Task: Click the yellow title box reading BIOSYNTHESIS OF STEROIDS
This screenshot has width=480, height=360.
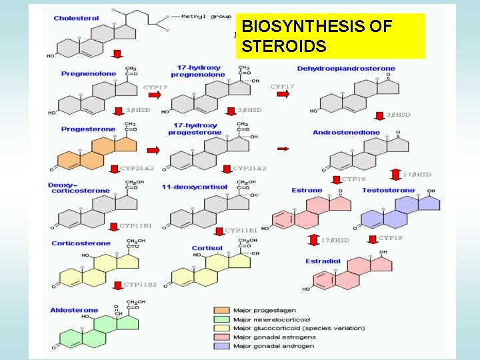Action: point(330,37)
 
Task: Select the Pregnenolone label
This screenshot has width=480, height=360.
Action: point(88,74)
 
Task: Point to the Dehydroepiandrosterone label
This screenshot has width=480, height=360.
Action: point(345,68)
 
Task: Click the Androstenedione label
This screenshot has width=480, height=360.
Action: point(346,133)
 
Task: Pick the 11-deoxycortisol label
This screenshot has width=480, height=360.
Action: point(194,187)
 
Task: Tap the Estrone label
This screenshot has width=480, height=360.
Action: point(307,191)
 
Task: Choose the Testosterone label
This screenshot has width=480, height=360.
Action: point(388,191)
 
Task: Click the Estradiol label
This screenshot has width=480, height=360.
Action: point(323,261)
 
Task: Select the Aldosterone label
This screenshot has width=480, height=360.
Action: point(73,310)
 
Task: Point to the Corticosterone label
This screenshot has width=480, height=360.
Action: point(81,243)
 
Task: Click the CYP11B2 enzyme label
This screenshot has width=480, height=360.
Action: point(139,285)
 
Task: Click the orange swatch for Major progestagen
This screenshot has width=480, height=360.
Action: point(221,310)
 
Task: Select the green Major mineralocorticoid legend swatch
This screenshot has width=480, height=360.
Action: point(221,319)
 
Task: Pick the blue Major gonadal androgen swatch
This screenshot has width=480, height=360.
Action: point(221,346)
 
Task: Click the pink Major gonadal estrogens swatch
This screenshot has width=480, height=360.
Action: point(221,337)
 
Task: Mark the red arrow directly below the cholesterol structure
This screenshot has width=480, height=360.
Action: point(116,53)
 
